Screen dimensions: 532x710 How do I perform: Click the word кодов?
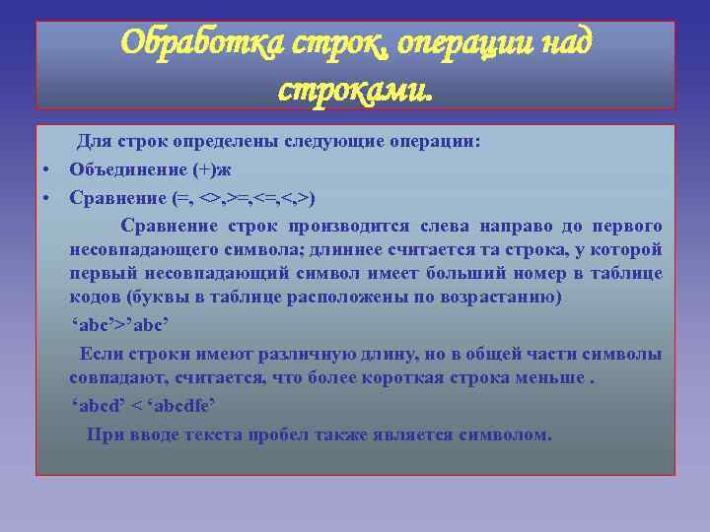93,298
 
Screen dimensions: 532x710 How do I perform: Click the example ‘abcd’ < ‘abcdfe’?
144,405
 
